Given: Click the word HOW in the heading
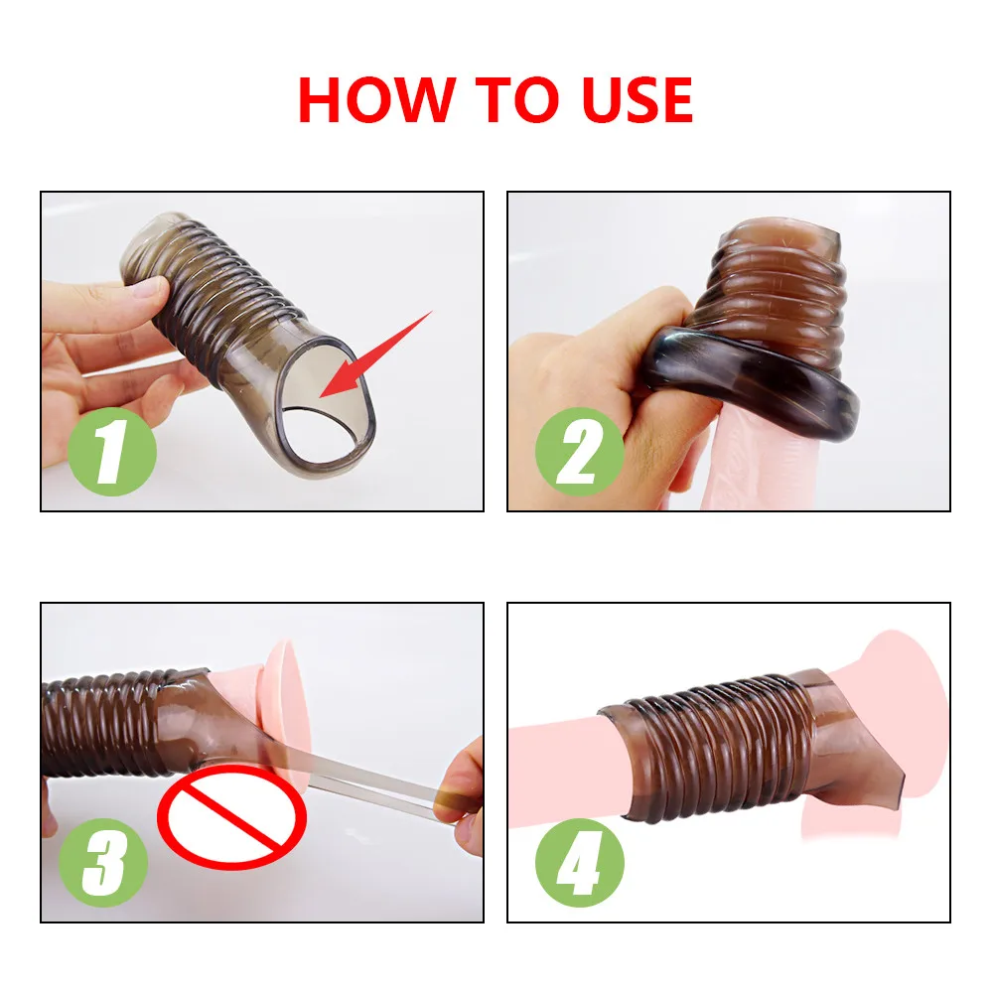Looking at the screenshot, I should pyautogui.click(x=376, y=99).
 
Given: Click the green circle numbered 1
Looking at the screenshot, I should pyautogui.click(x=112, y=452).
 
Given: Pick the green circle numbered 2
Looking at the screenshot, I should pyautogui.click(x=579, y=452).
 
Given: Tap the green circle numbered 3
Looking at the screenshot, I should pyautogui.click(x=102, y=862).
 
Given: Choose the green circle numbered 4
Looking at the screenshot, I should pyautogui.click(x=579, y=862).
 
